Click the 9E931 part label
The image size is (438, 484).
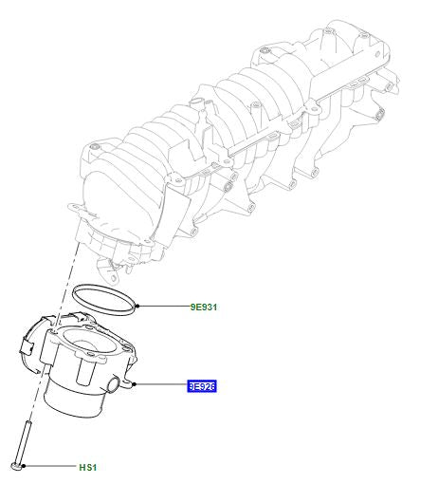point(203,307)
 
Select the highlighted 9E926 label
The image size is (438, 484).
point(202,386)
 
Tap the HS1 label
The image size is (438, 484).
point(87,467)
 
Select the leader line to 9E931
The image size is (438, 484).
point(162,307)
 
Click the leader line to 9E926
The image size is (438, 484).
point(161,385)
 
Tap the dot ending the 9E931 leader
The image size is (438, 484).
point(138,307)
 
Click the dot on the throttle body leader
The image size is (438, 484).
point(137,385)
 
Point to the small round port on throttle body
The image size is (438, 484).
point(118,384)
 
